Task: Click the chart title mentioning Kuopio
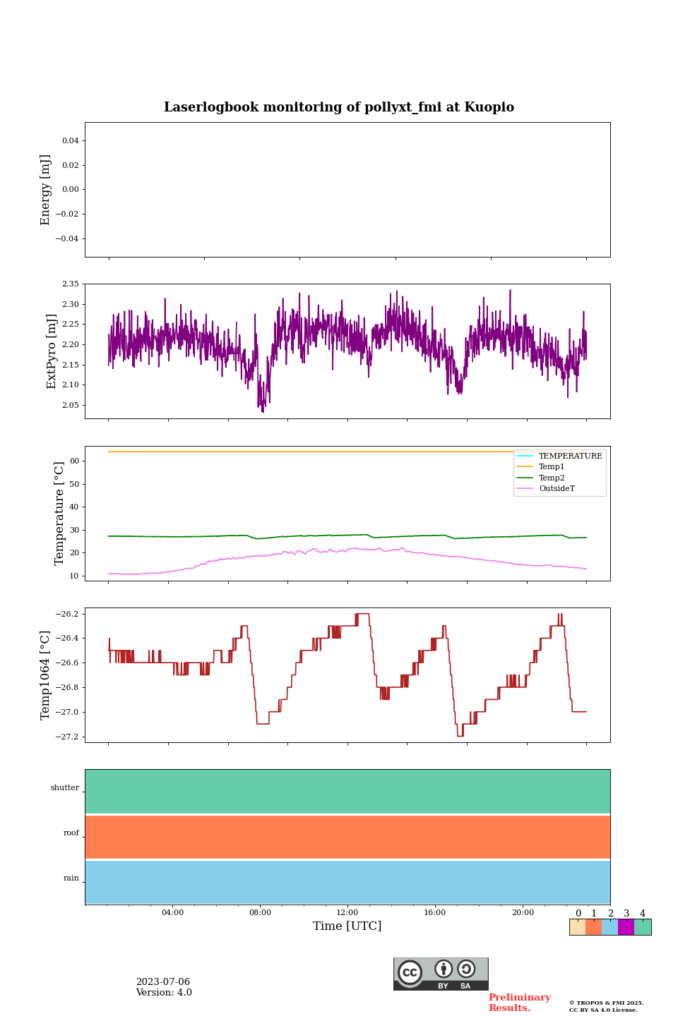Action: (x=339, y=107)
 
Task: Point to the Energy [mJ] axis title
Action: (x=46, y=190)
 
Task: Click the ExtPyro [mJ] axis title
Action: (x=52, y=351)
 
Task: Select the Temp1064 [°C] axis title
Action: (x=46, y=675)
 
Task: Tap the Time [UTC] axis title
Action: (x=347, y=926)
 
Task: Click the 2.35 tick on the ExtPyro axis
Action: (x=71, y=284)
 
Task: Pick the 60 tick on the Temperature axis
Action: (x=74, y=461)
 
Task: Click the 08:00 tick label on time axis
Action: (x=260, y=913)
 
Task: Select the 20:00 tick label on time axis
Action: (x=523, y=913)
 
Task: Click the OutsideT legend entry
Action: (x=557, y=489)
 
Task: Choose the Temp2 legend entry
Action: (x=552, y=478)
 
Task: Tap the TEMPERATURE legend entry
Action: (x=570, y=456)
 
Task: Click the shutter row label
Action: (x=65, y=788)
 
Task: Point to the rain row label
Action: (x=71, y=878)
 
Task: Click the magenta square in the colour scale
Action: (x=626, y=927)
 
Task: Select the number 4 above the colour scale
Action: (x=643, y=914)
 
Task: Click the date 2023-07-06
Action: (x=163, y=982)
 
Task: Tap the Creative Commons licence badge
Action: (x=441, y=974)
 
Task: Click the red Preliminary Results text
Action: (x=519, y=1003)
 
